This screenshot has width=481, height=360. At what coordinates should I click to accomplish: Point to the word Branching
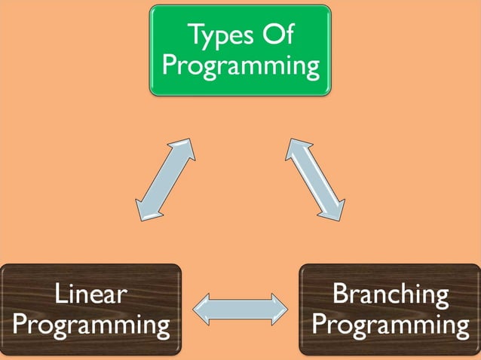coord(390,294)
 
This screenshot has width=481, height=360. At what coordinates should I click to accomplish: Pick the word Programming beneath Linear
coord(91,325)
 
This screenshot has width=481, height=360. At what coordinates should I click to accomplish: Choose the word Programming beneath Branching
coord(390,325)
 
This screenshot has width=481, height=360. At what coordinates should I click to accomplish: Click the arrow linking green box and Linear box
coord(165,179)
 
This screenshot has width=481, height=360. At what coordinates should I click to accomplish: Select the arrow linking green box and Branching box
coord(315,179)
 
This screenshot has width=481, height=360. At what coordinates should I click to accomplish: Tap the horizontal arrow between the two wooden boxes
coord(240,310)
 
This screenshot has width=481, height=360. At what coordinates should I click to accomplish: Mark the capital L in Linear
coord(61,294)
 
